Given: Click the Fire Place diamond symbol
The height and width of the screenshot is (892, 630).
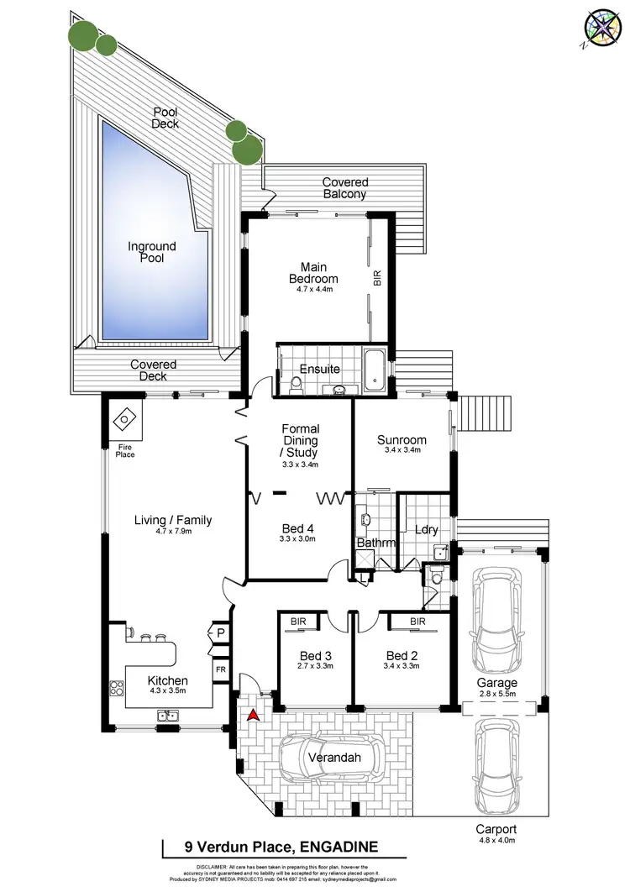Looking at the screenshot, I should click(123, 419).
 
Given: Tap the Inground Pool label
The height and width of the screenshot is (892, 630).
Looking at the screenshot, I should click(152, 252).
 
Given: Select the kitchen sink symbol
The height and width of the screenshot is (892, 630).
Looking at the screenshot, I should click(166, 716).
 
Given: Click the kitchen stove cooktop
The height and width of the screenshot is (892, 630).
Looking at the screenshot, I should click(115, 688).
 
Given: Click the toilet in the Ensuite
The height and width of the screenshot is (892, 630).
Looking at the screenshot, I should click(295, 383).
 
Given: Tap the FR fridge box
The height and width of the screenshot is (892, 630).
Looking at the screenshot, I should click(221, 669).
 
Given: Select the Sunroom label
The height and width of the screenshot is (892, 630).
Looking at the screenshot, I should click(401, 439).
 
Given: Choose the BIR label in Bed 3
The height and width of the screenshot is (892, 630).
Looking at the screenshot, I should click(298, 622).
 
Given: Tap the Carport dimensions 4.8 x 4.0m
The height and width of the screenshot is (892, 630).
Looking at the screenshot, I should click(493, 842).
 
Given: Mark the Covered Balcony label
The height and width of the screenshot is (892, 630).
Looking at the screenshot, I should click(345, 188).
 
